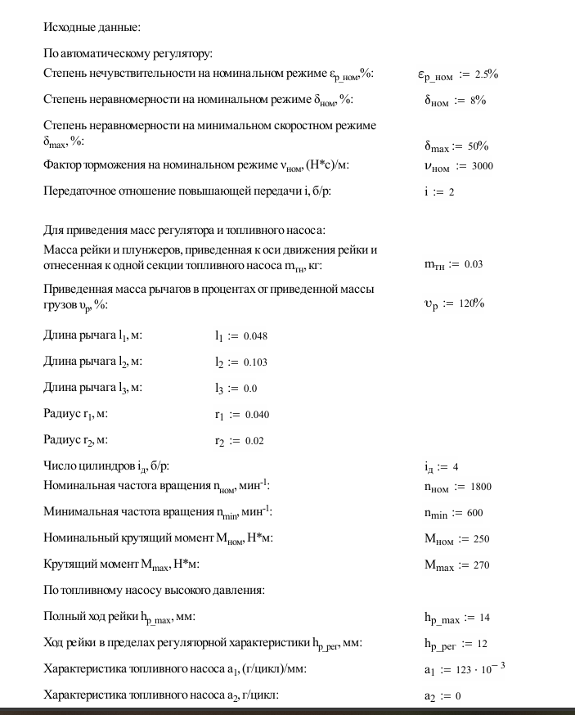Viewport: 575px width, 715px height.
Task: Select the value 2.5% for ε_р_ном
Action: pyautogui.click(x=486, y=74)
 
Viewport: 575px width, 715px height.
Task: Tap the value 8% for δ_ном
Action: pyautogui.click(x=478, y=101)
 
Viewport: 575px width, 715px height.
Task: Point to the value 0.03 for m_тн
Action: pyautogui.click(x=474, y=264)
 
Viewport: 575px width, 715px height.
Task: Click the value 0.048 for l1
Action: pyautogui.click(x=255, y=336)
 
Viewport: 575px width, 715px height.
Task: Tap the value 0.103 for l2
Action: pyautogui.click(x=255, y=362)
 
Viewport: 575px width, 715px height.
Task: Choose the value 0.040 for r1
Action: pyautogui.click(x=256, y=415)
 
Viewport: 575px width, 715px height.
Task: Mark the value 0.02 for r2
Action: pyautogui.click(x=254, y=441)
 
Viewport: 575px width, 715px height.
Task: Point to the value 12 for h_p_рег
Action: pyautogui.click(x=482, y=644)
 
